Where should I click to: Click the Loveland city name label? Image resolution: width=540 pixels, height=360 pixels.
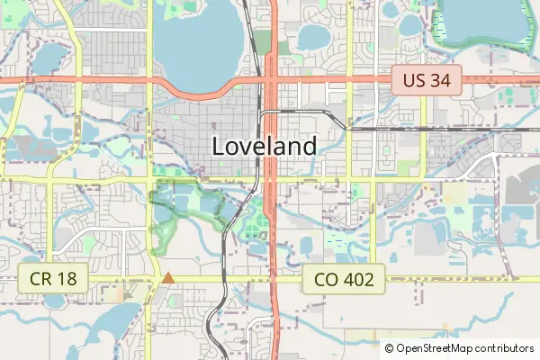265,146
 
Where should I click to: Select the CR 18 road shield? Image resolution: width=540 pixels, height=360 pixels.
54,279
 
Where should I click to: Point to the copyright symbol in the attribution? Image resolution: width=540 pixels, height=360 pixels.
389,347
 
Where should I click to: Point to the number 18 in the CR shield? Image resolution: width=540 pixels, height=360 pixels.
67,279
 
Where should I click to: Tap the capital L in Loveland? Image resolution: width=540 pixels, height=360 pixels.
219,146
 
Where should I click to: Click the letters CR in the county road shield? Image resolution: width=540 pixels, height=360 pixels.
41,279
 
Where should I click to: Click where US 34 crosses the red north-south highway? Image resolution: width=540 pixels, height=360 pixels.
272,79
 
